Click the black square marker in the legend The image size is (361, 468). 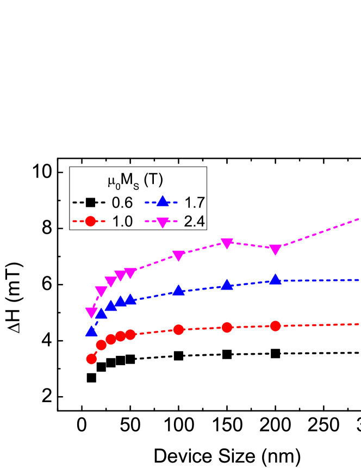coord(91,203)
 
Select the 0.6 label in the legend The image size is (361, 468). coord(122,203)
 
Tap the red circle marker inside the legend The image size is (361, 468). coord(91,221)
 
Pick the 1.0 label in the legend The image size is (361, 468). coord(122,221)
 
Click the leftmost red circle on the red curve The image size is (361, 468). coord(91,358)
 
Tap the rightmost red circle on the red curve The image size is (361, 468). coord(275,326)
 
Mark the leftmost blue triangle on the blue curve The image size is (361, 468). coord(91,331)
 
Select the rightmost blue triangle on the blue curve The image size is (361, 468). coord(276,279)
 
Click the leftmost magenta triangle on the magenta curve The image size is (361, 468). coord(91,312)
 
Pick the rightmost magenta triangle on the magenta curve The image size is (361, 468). coord(276,250)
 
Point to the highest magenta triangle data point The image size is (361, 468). coord(227,243)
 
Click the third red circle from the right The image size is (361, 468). coord(178,329)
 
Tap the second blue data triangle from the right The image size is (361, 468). coord(227,285)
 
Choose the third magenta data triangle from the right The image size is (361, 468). coord(178,256)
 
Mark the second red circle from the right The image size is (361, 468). coord(227,327)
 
